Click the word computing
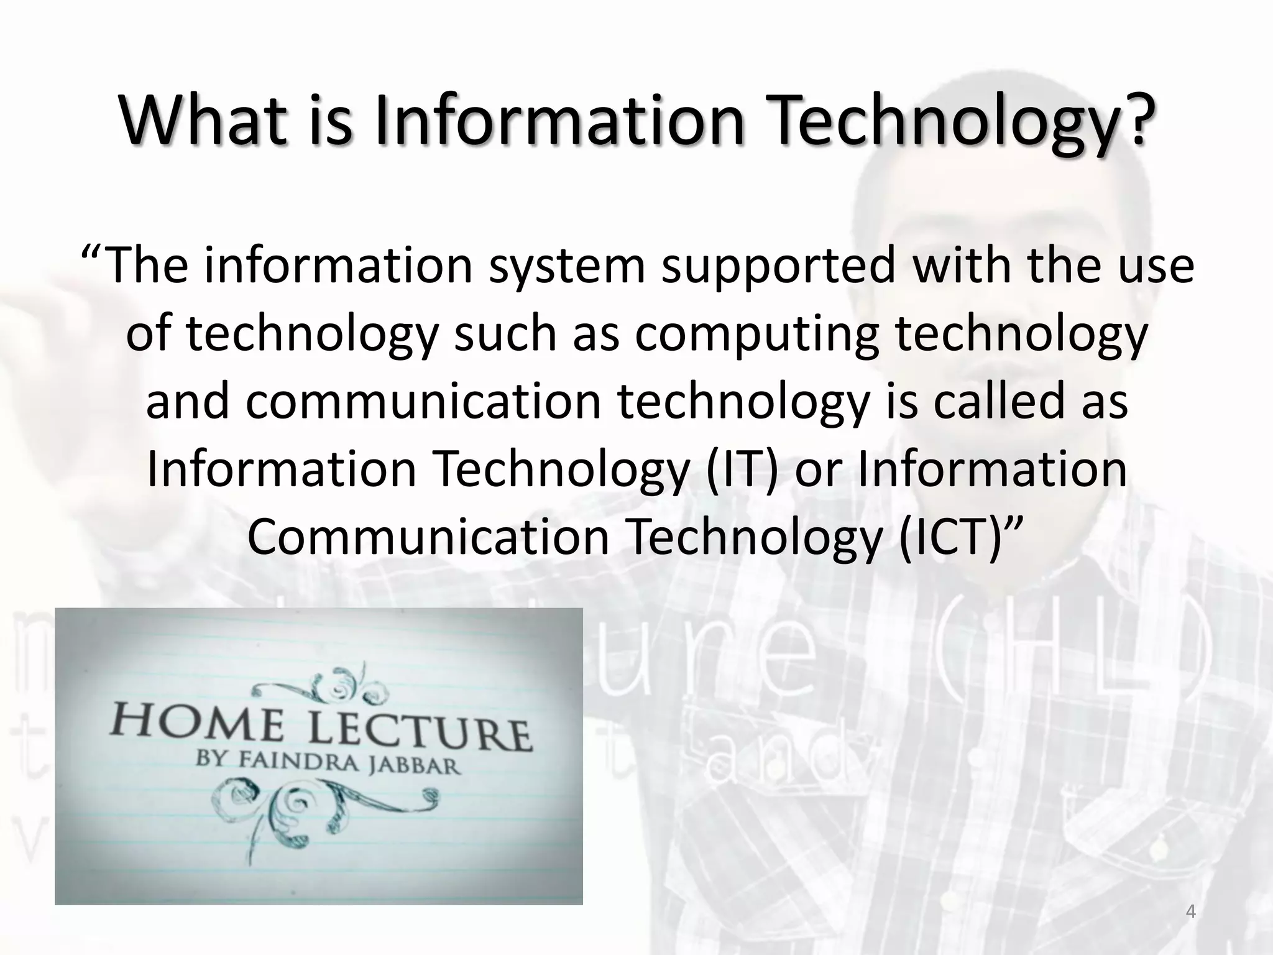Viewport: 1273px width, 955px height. [757, 334]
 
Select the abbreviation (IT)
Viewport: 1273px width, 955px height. [743, 469]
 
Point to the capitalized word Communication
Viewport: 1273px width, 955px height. [429, 537]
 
